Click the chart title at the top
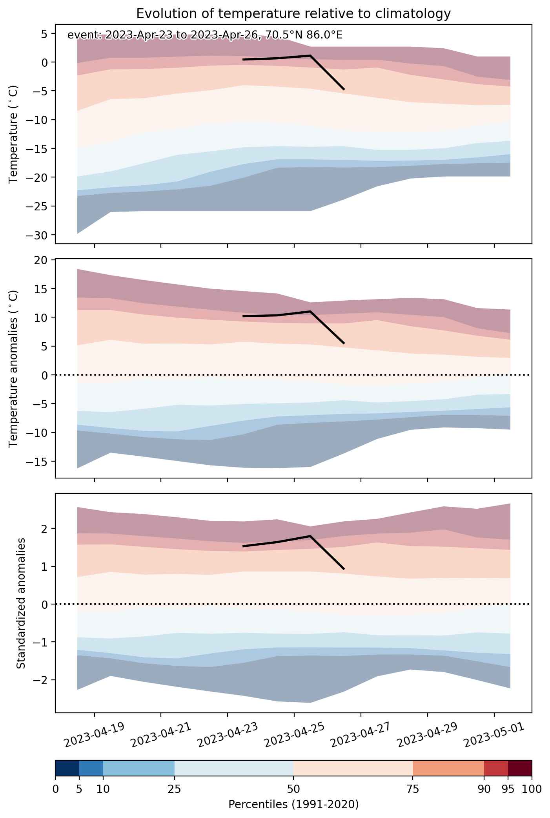click(x=293, y=14)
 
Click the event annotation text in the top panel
click(x=205, y=35)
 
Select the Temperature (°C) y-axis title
click(x=14, y=134)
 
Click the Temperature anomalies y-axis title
click(x=14, y=369)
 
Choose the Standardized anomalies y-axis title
click(x=21, y=603)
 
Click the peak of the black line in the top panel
click(x=310, y=55)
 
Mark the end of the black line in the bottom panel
click(x=344, y=569)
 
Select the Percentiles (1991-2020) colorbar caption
click(x=293, y=804)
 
